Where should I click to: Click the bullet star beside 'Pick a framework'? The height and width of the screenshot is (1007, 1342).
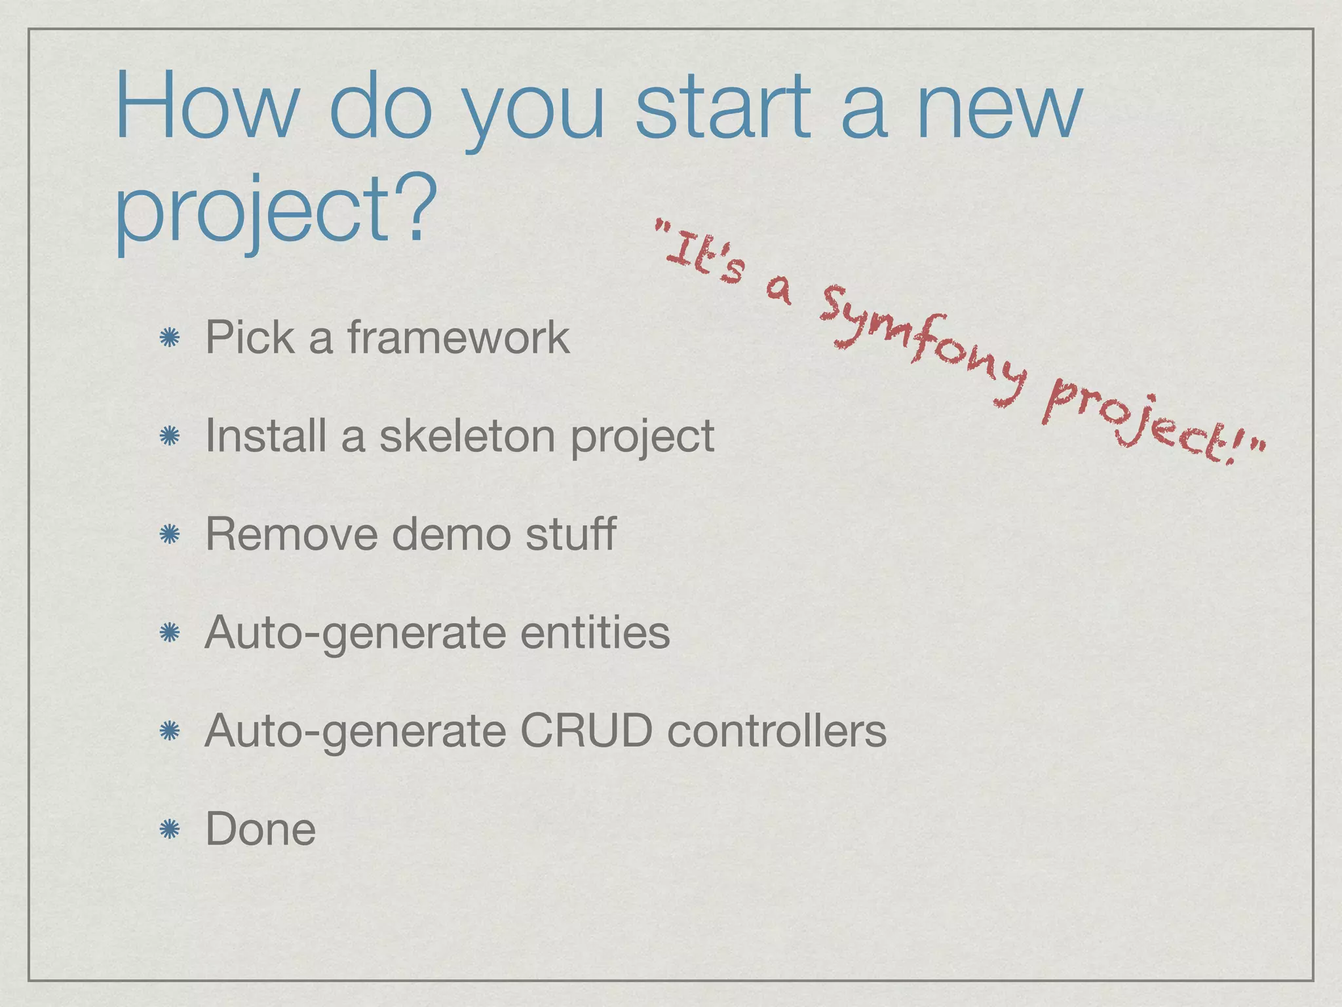tap(170, 338)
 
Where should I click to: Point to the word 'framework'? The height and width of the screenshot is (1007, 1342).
tap(458, 338)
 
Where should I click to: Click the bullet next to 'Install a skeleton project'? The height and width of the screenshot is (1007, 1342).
tap(170, 437)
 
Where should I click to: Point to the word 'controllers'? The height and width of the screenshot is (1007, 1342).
tap(776, 731)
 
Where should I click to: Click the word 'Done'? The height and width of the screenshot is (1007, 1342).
tap(260, 829)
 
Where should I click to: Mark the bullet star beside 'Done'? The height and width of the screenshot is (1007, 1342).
tap(170, 830)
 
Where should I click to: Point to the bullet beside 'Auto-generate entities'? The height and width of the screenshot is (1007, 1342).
tap(170, 633)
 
